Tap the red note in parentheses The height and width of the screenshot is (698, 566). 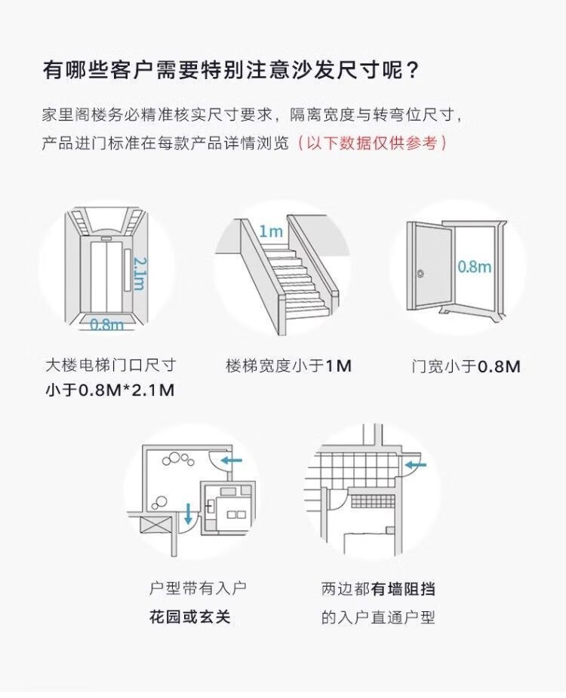click(372, 143)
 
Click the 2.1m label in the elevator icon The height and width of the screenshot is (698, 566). click(140, 272)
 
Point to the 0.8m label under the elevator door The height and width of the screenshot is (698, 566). click(106, 325)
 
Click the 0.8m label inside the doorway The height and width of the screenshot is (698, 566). click(474, 267)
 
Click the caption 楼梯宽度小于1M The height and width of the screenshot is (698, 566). click(288, 366)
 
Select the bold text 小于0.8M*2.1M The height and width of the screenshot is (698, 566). click(109, 390)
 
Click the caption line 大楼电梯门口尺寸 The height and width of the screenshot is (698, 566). click(110, 366)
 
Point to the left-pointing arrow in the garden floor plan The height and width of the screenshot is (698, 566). click(231, 458)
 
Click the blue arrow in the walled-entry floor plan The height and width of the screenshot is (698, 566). click(414, 465)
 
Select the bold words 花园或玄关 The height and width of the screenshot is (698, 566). click(189, 617)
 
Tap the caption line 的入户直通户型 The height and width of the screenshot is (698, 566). click(378, 617)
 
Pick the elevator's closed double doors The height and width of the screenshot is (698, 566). click(106, 274)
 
